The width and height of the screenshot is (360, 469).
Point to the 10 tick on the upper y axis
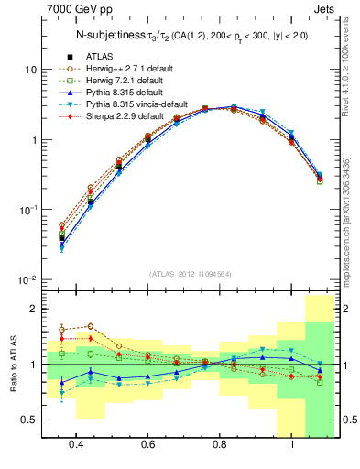[x=30, y=71]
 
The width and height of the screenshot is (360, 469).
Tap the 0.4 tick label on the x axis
[x=75, y=446]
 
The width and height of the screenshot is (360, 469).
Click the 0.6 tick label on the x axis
[x=147, y=446]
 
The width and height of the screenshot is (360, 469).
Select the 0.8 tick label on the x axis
[x=219, y=446]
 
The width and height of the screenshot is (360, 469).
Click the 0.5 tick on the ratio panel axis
[x=29, y=420]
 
